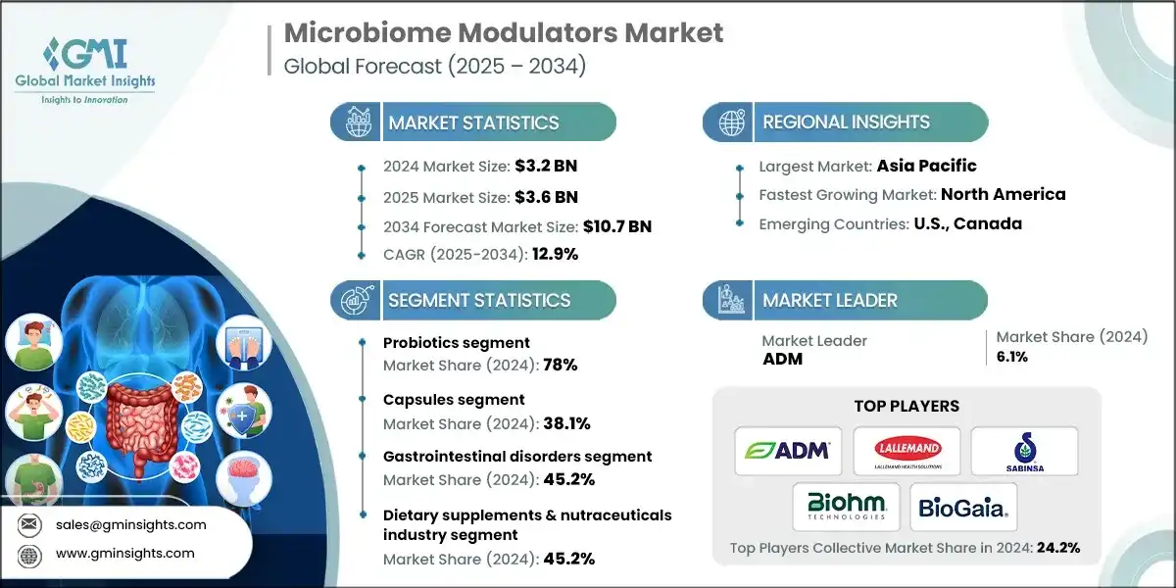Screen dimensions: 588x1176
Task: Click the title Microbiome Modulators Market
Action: tap(504, 33)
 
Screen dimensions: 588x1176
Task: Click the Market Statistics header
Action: tap(473, 122)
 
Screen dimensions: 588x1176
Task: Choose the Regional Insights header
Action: tap(846, 122)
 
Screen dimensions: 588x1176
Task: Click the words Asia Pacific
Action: tap(927, 166)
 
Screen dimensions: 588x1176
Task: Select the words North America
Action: tap(1003, 194)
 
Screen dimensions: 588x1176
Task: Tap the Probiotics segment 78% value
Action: tap(563, 365)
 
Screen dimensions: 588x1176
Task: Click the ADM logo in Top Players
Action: tap(789, 451)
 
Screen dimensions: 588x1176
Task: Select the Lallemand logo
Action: tap(906, 451)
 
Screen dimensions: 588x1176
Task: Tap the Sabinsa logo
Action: tap(1024, 451)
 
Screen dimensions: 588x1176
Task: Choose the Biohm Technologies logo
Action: tap(846, 507)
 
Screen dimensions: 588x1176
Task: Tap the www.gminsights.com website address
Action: tap(123, 553)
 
